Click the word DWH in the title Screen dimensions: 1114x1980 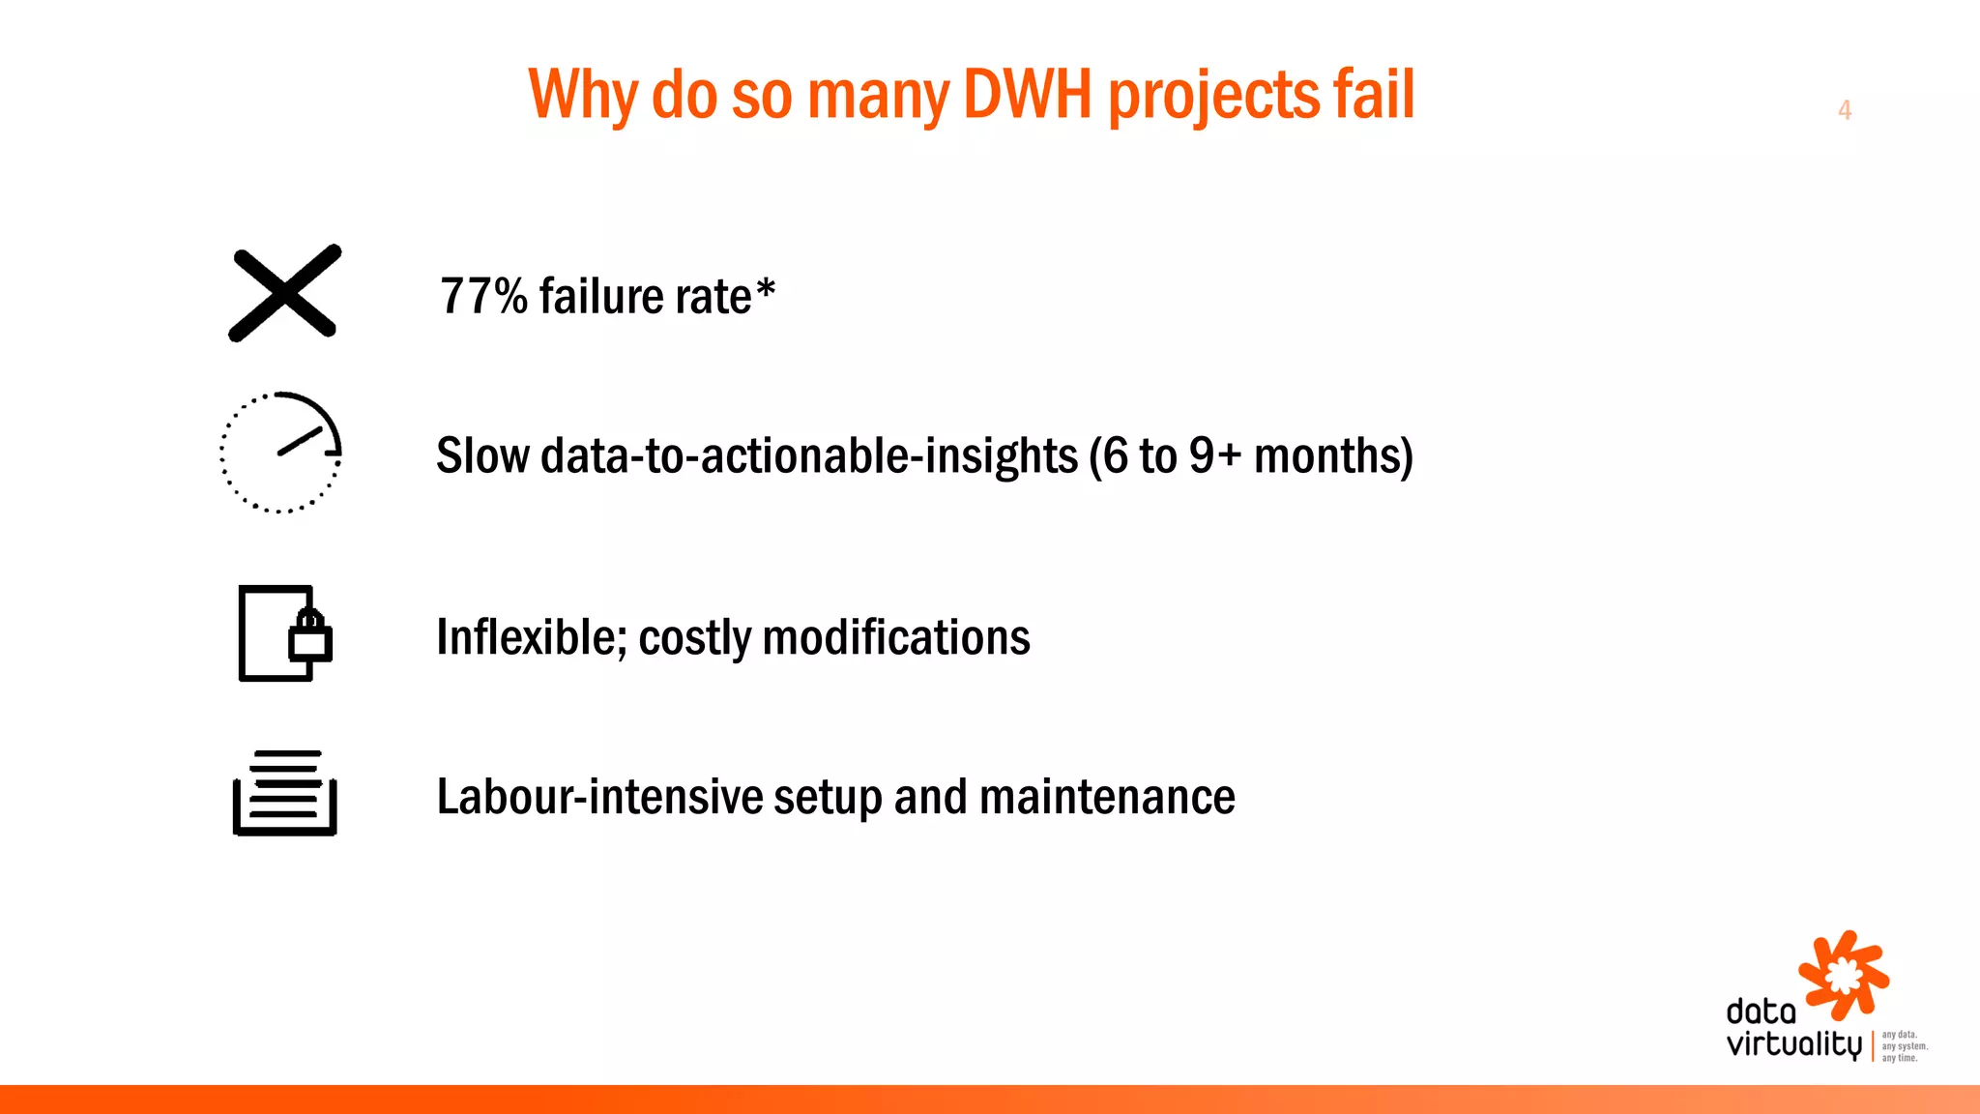coord(1027,95)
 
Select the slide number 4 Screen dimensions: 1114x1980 coord(1845,110)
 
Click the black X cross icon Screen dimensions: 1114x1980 coord(285,293)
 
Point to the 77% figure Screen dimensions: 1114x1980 coord(483,296)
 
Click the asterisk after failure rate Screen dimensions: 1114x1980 coord(766,288)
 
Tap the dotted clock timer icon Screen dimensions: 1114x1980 coord(281,453)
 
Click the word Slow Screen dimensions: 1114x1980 coord(481,455)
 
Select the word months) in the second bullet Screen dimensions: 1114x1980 coord(1333,455)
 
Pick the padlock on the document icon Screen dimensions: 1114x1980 coord(310,635)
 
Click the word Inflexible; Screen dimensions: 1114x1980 coord(531,637)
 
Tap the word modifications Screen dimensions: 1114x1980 coord(896,637)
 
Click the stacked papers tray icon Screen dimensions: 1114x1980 coord(285,793)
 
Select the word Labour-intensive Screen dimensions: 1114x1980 coord(599,797)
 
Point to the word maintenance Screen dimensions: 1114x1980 coord(1107,797)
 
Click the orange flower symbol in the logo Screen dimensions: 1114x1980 coord(1844,975)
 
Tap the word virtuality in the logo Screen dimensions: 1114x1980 coord(1793,1044)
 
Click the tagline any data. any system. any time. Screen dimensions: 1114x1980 coord(1904,1046)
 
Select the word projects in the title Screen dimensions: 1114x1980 coord(1213,95)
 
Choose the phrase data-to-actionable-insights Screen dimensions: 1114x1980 coord(809,455)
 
